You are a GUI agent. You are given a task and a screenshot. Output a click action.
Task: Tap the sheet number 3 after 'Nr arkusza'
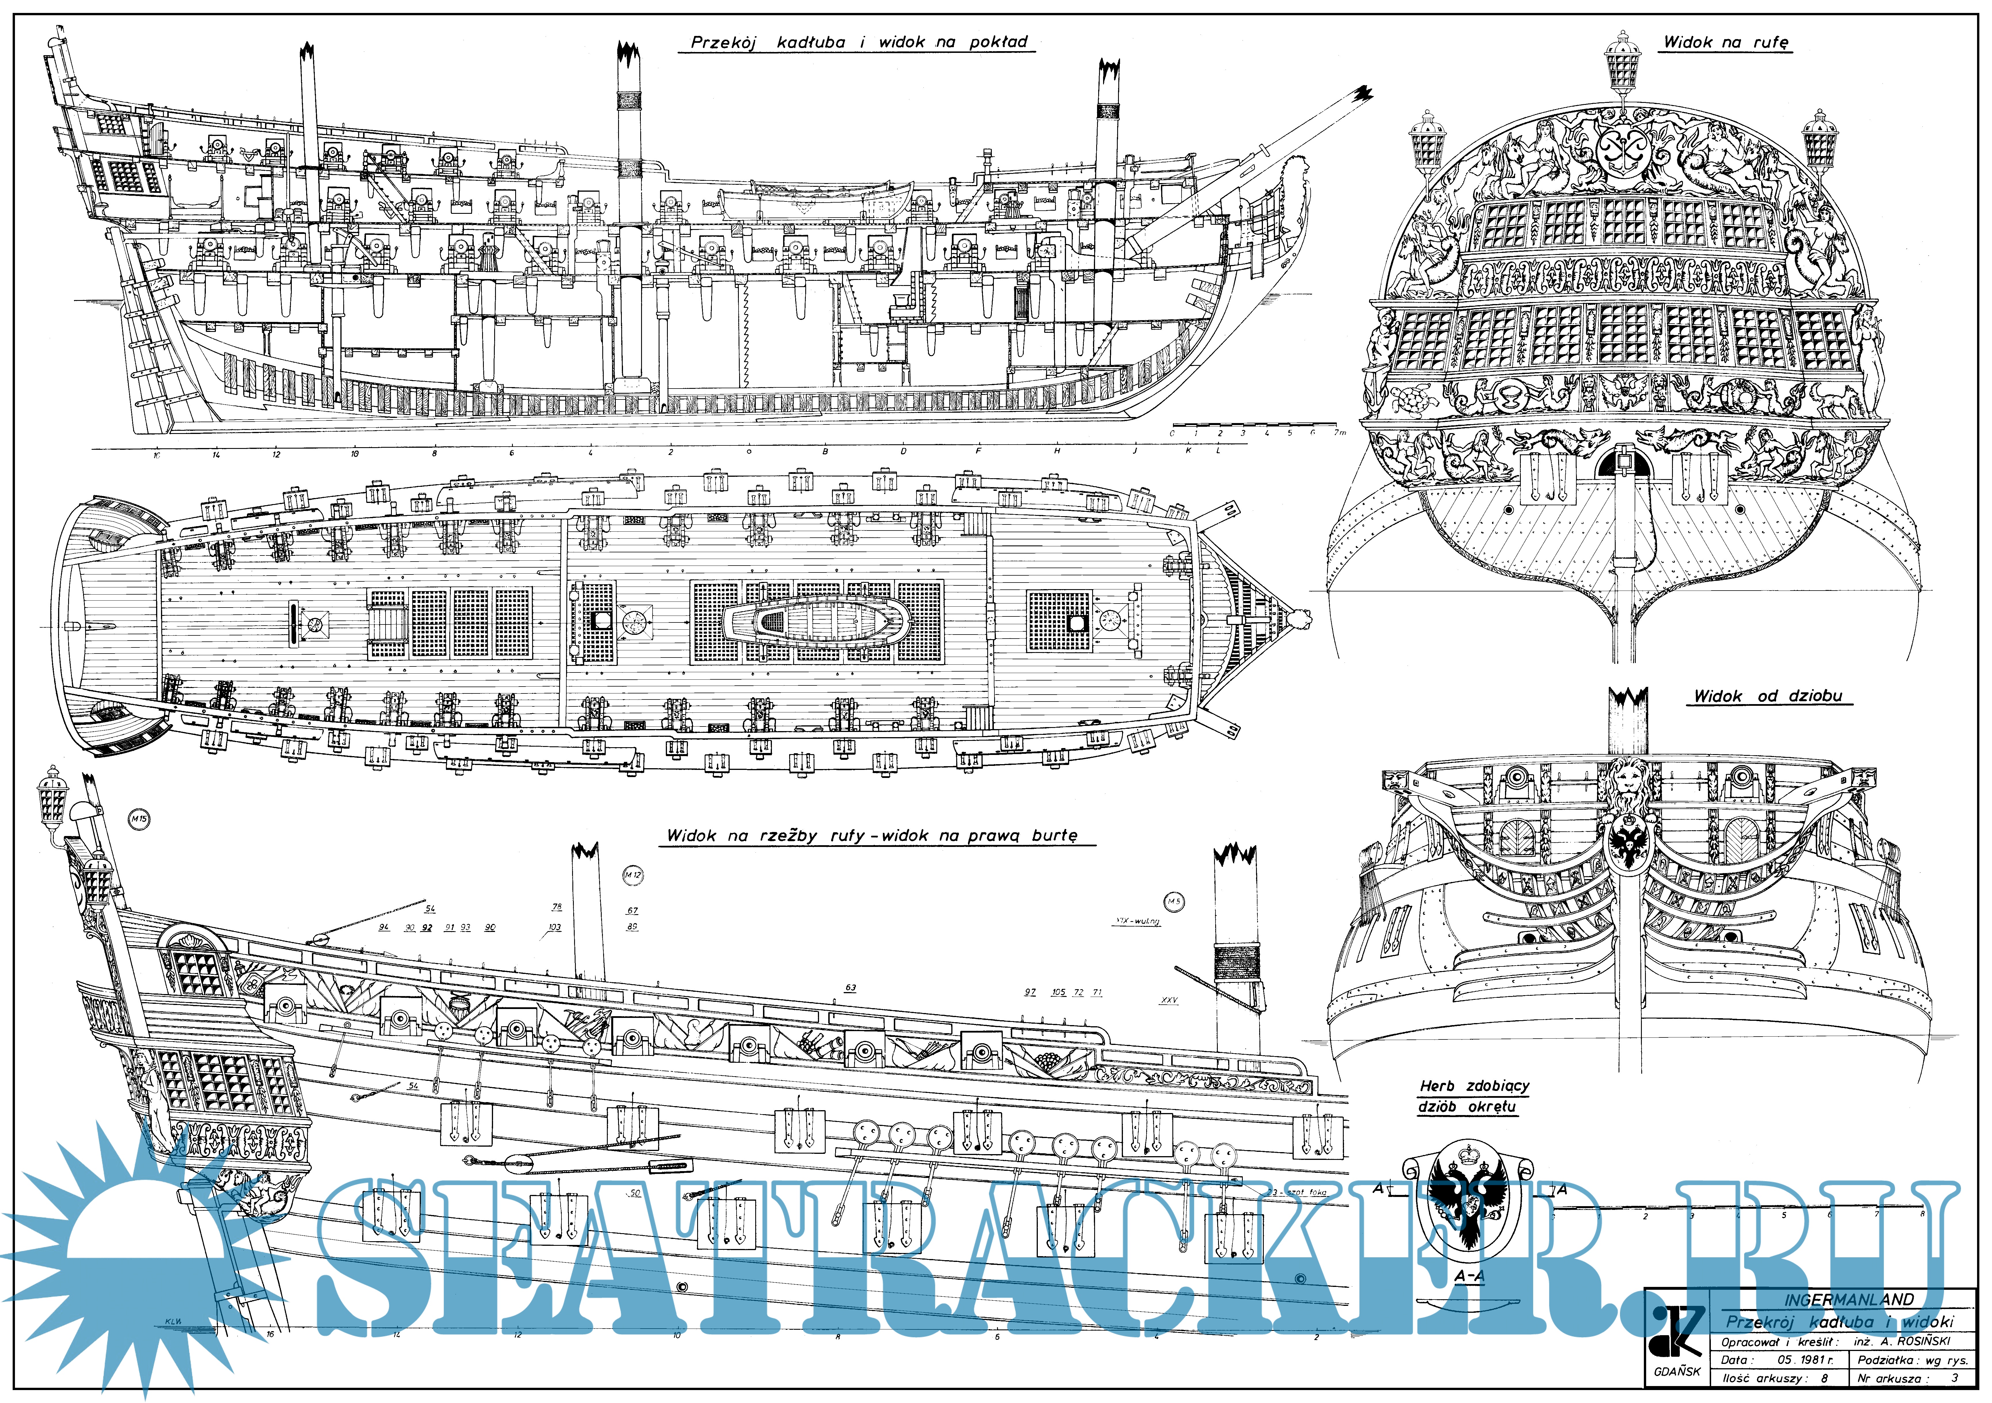1955,1378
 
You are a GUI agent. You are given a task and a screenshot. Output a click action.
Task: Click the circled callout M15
139,818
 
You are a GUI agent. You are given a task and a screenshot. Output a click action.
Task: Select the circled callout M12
633,876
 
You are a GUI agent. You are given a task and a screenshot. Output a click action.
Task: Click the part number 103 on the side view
554,927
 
